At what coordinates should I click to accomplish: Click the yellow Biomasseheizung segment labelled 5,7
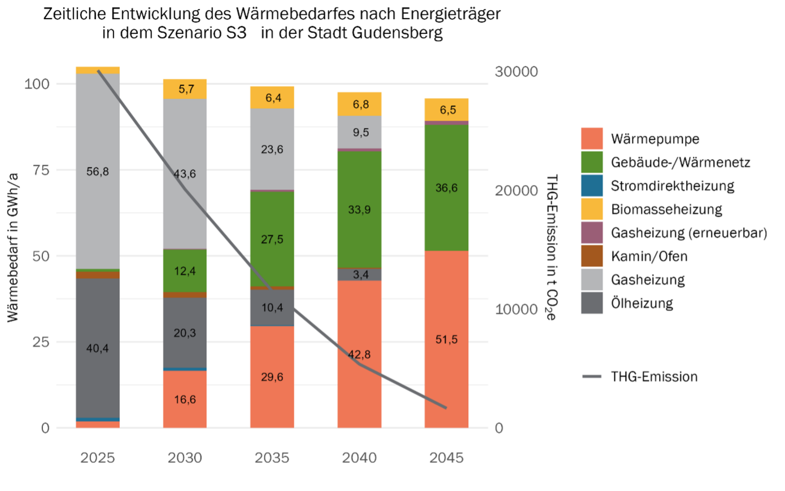185,89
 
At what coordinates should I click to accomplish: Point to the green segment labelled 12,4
185,271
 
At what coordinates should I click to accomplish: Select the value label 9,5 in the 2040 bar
360,132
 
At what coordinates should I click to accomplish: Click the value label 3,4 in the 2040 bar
360,275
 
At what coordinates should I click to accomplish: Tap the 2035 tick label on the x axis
272,458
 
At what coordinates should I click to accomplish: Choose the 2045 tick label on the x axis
446,458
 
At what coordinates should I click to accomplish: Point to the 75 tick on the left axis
41,170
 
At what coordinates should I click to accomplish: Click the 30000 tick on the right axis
516,72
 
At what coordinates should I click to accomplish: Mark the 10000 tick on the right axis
516,309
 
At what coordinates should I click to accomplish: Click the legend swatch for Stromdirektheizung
592,186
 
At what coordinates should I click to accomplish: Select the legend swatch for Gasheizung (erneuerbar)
592,233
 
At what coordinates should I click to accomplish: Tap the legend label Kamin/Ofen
649,256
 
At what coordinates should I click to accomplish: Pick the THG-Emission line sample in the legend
592,376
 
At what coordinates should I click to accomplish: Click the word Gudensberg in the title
397,33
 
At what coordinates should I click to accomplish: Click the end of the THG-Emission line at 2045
446,407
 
